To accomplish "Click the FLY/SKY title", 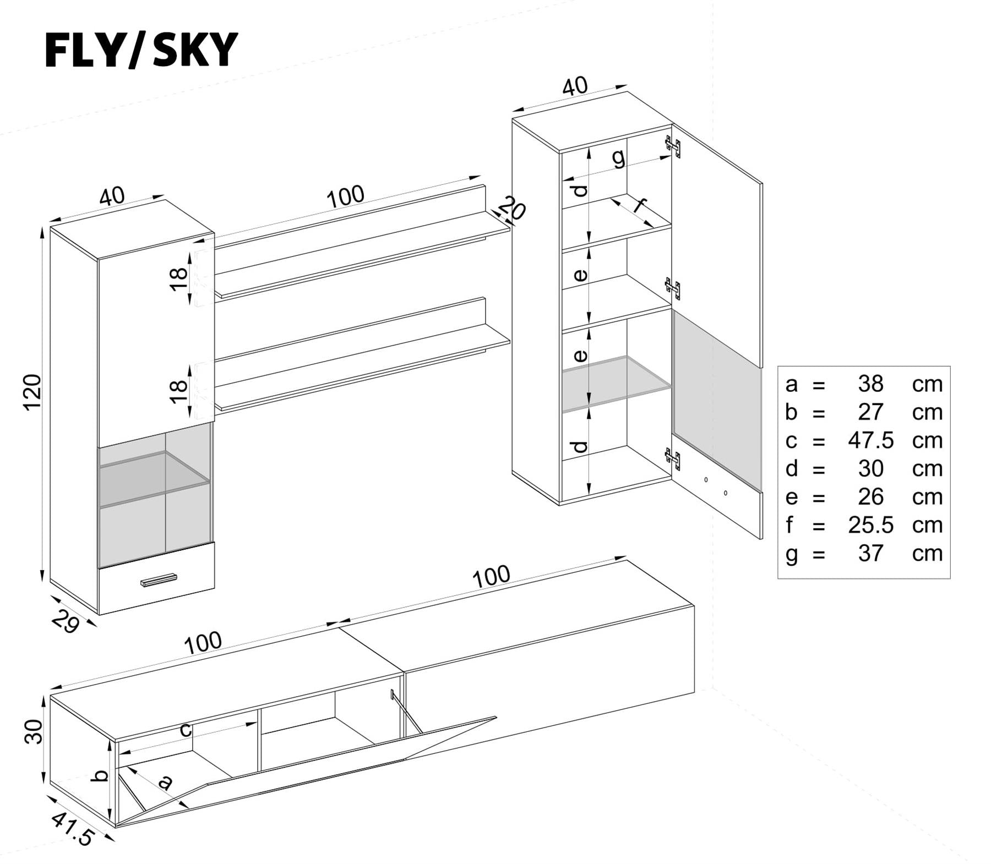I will coord(141,50).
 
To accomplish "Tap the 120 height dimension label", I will coord(32,391).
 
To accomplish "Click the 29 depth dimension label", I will coord(66,622).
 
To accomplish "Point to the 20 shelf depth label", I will coord(513,210).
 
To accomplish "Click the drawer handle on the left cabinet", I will coord(159,580).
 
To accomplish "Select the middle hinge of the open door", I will coord(673,288).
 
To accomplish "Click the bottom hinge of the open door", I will coord(673,458).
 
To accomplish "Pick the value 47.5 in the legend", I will coord(870,440).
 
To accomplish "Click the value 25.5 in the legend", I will coord(870,525).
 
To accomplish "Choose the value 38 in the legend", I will coord(870,384).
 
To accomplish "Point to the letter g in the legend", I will coord(791,554).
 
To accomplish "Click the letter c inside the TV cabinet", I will coord(186,730).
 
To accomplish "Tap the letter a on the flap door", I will coord(165,781).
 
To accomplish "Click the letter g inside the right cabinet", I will coord(619,158).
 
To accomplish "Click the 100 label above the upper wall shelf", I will coord(345,196).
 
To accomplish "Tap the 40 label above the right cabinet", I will coord(575,87).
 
